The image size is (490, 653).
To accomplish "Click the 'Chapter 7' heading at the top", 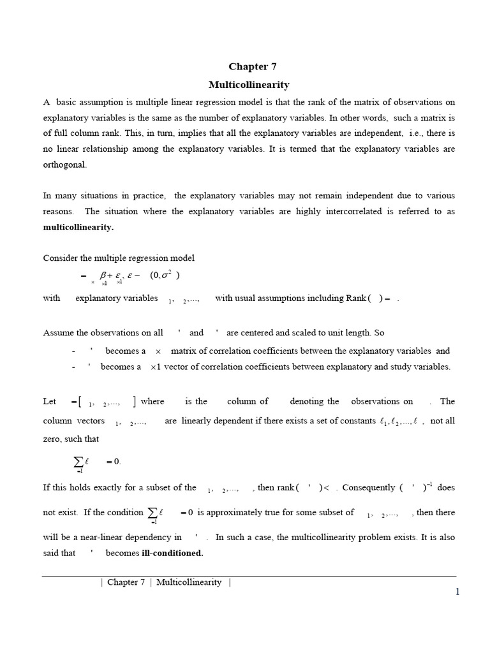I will [x=252, y=66].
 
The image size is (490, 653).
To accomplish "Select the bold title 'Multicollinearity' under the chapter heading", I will [x=249, y=84].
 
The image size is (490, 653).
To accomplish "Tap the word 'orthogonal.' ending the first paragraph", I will [x=64, y=164].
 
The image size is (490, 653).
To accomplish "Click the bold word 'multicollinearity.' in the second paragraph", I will [x=78, y=227].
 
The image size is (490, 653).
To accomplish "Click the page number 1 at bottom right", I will [x=457, y=592].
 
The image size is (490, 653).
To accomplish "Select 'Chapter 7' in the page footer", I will [x=126, y=582].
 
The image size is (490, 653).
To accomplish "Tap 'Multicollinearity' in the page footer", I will [x=189, y=582].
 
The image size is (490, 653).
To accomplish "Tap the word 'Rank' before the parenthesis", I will [x=356, y=298].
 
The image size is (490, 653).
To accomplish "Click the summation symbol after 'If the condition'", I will [x=153, y=513].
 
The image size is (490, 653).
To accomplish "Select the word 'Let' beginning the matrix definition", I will [x=49, y=401].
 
